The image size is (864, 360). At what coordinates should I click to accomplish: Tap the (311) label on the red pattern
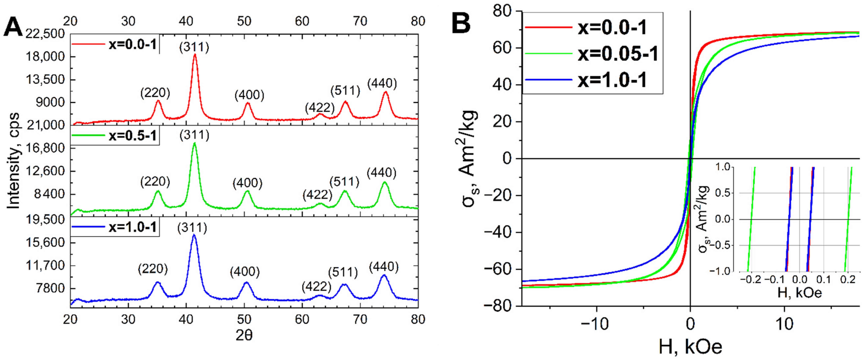pyautogui.click(x=194, y=47)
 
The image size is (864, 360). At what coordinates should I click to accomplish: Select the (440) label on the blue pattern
pyautogui.click(x=384, y=267)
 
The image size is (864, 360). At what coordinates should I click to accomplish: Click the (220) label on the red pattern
pyautogui.click(x=155, y=93)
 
